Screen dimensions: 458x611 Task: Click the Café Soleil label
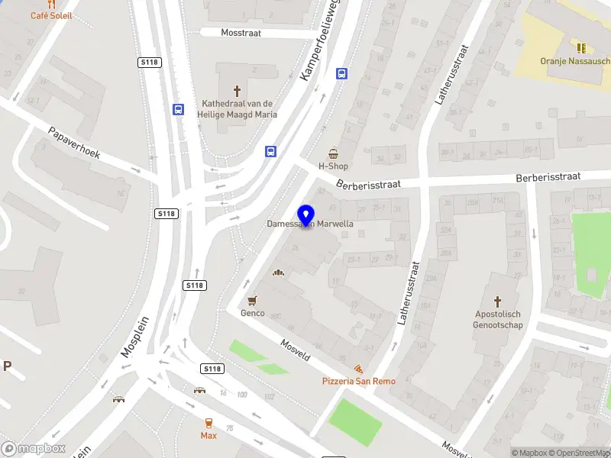click(x=51, y=15)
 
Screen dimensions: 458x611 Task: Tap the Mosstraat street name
click(x=241, y=33)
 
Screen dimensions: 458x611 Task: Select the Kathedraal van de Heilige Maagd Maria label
click(x=239, y=108)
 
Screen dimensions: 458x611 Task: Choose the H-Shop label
click(x=333, y=166)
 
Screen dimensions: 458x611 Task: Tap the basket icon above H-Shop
click(x=333, y=153)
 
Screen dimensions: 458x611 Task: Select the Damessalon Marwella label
click(x=310, y=224)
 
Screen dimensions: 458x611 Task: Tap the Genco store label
click(x=252, y=313)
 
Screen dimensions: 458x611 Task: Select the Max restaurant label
click(x=209, y=435)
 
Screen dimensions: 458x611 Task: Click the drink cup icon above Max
click(x=209, y=422)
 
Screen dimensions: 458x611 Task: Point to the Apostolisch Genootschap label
click(x=499, y=319)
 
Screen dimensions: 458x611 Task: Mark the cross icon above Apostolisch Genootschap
click(x=498, y=302)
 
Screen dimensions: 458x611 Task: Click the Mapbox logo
click(x=34, y=449)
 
